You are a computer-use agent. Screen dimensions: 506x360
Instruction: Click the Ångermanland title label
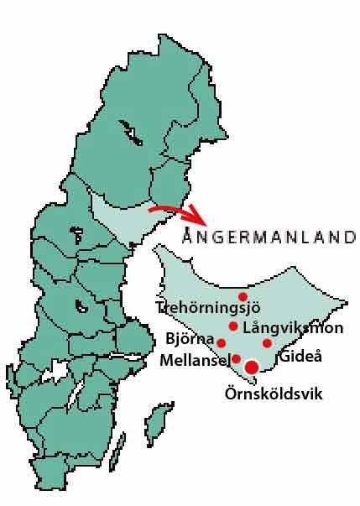[x=269, y=237]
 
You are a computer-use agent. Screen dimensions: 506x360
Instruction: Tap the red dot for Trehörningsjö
[x=243, y=296]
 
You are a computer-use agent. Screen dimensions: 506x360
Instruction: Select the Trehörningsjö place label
[x=202, y=307]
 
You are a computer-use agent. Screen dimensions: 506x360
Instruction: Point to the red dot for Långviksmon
[x=233, y=326]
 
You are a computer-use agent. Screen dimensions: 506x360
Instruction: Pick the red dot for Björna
[x=221, y=342]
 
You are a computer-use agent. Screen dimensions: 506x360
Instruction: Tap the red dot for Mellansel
[x=236, y=358]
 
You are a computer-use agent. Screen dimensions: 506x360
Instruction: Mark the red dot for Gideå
[x=267, y=342]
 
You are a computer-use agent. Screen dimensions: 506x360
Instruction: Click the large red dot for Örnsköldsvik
[x=251, y=366]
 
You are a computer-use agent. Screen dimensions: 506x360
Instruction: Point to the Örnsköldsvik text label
[x=274, y=393]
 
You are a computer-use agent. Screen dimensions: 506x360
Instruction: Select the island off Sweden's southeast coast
[x=156, y=424]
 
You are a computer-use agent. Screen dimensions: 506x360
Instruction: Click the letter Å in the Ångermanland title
[x=187, y=236]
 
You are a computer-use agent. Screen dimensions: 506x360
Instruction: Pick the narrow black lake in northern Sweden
[x=129, y=131]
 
